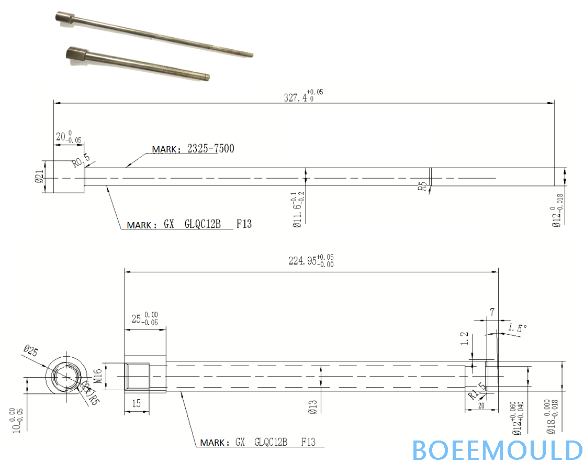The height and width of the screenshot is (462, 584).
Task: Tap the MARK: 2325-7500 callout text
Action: tap(193, 149)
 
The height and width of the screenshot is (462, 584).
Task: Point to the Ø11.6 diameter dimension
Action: tap(298, 210)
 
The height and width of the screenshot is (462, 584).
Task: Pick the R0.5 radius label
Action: tap(78, 161)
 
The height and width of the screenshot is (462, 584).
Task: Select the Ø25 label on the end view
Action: tap(31, 351)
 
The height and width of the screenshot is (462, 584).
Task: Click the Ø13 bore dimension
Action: tap(312, 406)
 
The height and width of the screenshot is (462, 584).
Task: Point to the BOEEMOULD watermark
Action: tap(497, 449)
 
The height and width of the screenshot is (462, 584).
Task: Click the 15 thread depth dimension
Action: tap(136, 403)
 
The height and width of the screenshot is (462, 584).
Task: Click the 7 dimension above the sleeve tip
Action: tap(491, 312)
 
